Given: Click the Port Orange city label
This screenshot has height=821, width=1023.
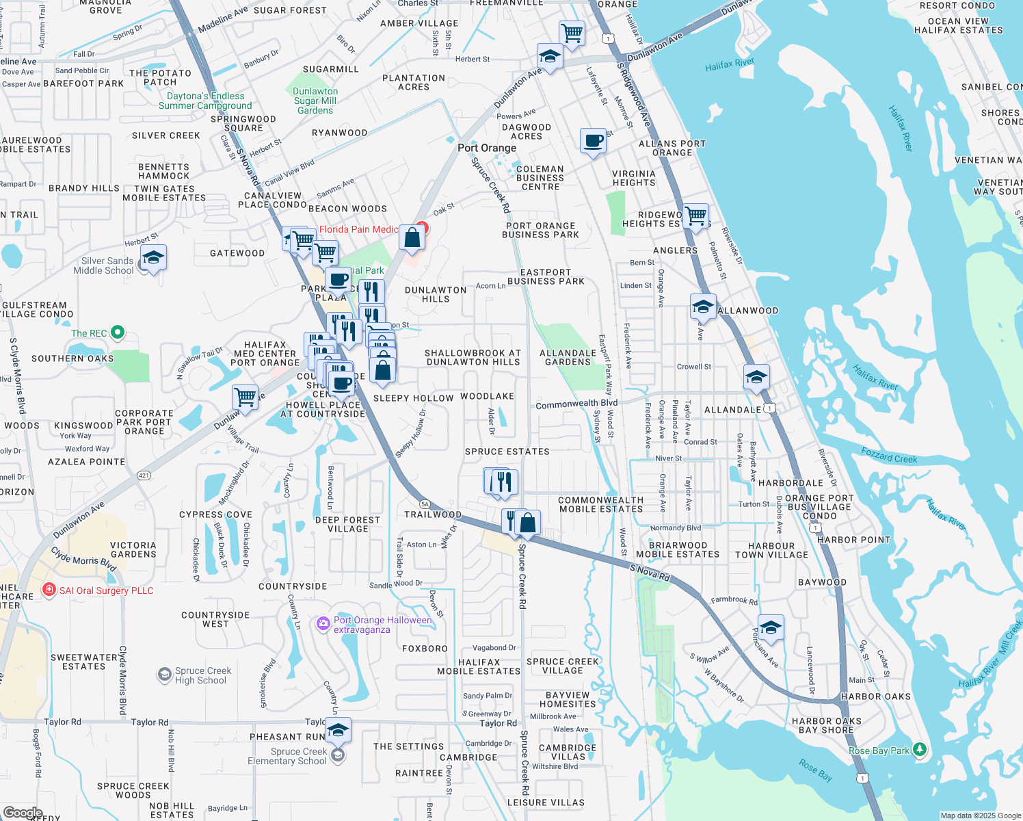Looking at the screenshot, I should [487, 148].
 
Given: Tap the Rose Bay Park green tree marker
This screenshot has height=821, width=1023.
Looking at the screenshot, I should [920, 751].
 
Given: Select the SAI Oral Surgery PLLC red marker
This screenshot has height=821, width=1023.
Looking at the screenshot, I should [49, 590].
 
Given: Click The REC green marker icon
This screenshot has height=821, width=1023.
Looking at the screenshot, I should [118, 333].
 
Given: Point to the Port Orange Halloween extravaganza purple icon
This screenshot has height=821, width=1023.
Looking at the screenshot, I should [323, 623].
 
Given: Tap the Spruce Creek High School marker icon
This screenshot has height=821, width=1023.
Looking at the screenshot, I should [164, 675].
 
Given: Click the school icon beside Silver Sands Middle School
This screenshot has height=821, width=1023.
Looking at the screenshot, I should [153, 259].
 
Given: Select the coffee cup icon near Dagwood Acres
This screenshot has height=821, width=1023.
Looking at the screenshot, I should [593, 142].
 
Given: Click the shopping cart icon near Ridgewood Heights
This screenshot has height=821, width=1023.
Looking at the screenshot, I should [695, 216].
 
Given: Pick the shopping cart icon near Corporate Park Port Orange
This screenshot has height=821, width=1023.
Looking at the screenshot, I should [244, 397].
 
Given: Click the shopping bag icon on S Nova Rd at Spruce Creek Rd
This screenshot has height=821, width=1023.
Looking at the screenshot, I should [527, 523].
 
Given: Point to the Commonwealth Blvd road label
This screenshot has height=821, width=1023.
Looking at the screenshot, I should [576, 404].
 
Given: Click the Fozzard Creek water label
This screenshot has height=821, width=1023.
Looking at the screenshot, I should [889, 456].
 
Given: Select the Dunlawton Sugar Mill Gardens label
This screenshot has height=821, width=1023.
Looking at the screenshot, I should [315, 101].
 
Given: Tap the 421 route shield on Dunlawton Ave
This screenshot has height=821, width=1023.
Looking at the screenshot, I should [144, 475].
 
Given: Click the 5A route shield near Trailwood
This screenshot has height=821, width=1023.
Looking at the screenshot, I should [425, 504].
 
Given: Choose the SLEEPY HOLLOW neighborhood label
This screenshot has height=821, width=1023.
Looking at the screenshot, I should [413, 398].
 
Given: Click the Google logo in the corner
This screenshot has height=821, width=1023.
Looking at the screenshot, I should [23, 813].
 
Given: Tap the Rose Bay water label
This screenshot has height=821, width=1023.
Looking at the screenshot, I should [815, 770].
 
